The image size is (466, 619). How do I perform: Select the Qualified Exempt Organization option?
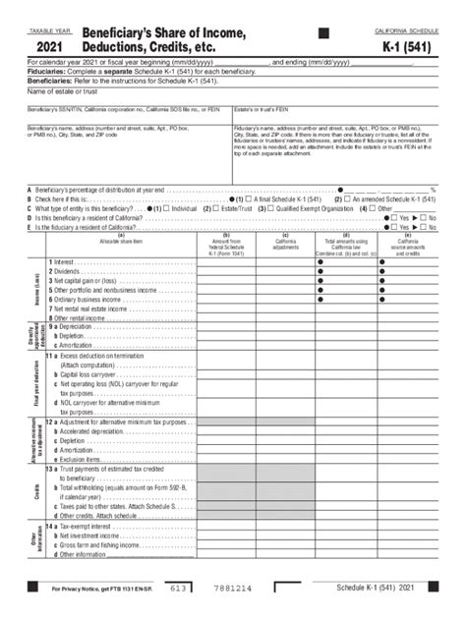pos(308,208)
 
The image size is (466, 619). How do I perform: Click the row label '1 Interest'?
pos(64,263)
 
